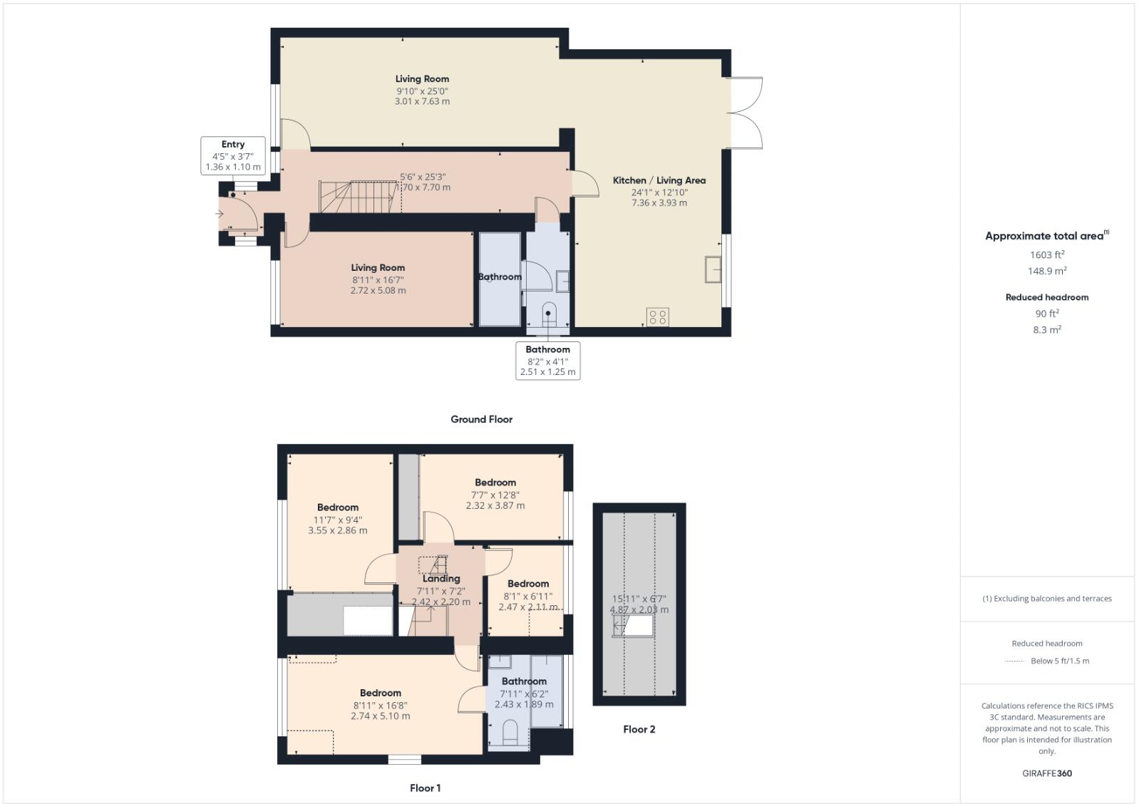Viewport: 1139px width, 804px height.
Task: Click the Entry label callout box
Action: tap(233, 155)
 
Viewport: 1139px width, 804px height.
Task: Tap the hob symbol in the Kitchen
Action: tap(657, 317)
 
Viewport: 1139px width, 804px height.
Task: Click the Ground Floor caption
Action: tap(481, 419)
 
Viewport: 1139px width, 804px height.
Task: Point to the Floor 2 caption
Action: tap(639, 729)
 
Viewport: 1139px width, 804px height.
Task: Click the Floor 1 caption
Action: tap(425, 788)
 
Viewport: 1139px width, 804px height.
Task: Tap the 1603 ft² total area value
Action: tap(1046, 254)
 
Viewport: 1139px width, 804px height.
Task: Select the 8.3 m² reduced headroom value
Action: tap(1046, 330)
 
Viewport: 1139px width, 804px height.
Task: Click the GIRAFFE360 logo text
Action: tap(1046, 773)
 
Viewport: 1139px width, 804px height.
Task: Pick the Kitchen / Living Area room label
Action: tap(659, 180)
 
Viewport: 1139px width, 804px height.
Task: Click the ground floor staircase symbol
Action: tap(357, 196)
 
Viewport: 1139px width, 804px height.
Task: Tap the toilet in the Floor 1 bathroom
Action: tap(510, 732)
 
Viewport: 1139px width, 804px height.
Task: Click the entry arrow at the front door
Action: tap(221, 213)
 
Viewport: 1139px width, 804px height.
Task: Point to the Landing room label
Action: tap(440, 579)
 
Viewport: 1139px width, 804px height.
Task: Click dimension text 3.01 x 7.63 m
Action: tap(422, 101)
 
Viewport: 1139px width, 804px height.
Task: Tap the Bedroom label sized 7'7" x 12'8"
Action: tap(495, 483)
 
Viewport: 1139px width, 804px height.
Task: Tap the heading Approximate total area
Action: tap(1044, 236)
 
